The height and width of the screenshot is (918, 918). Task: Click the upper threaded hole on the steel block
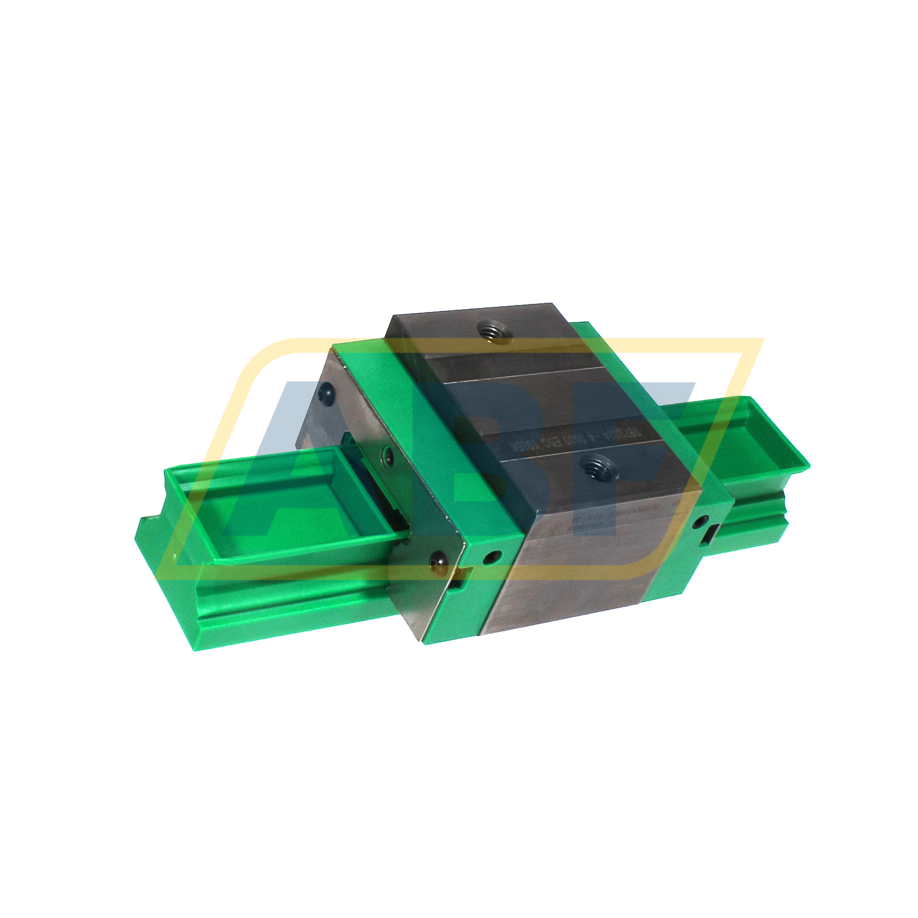493,333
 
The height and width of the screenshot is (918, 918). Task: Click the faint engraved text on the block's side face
609,519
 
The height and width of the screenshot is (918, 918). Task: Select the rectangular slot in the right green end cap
712,533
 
